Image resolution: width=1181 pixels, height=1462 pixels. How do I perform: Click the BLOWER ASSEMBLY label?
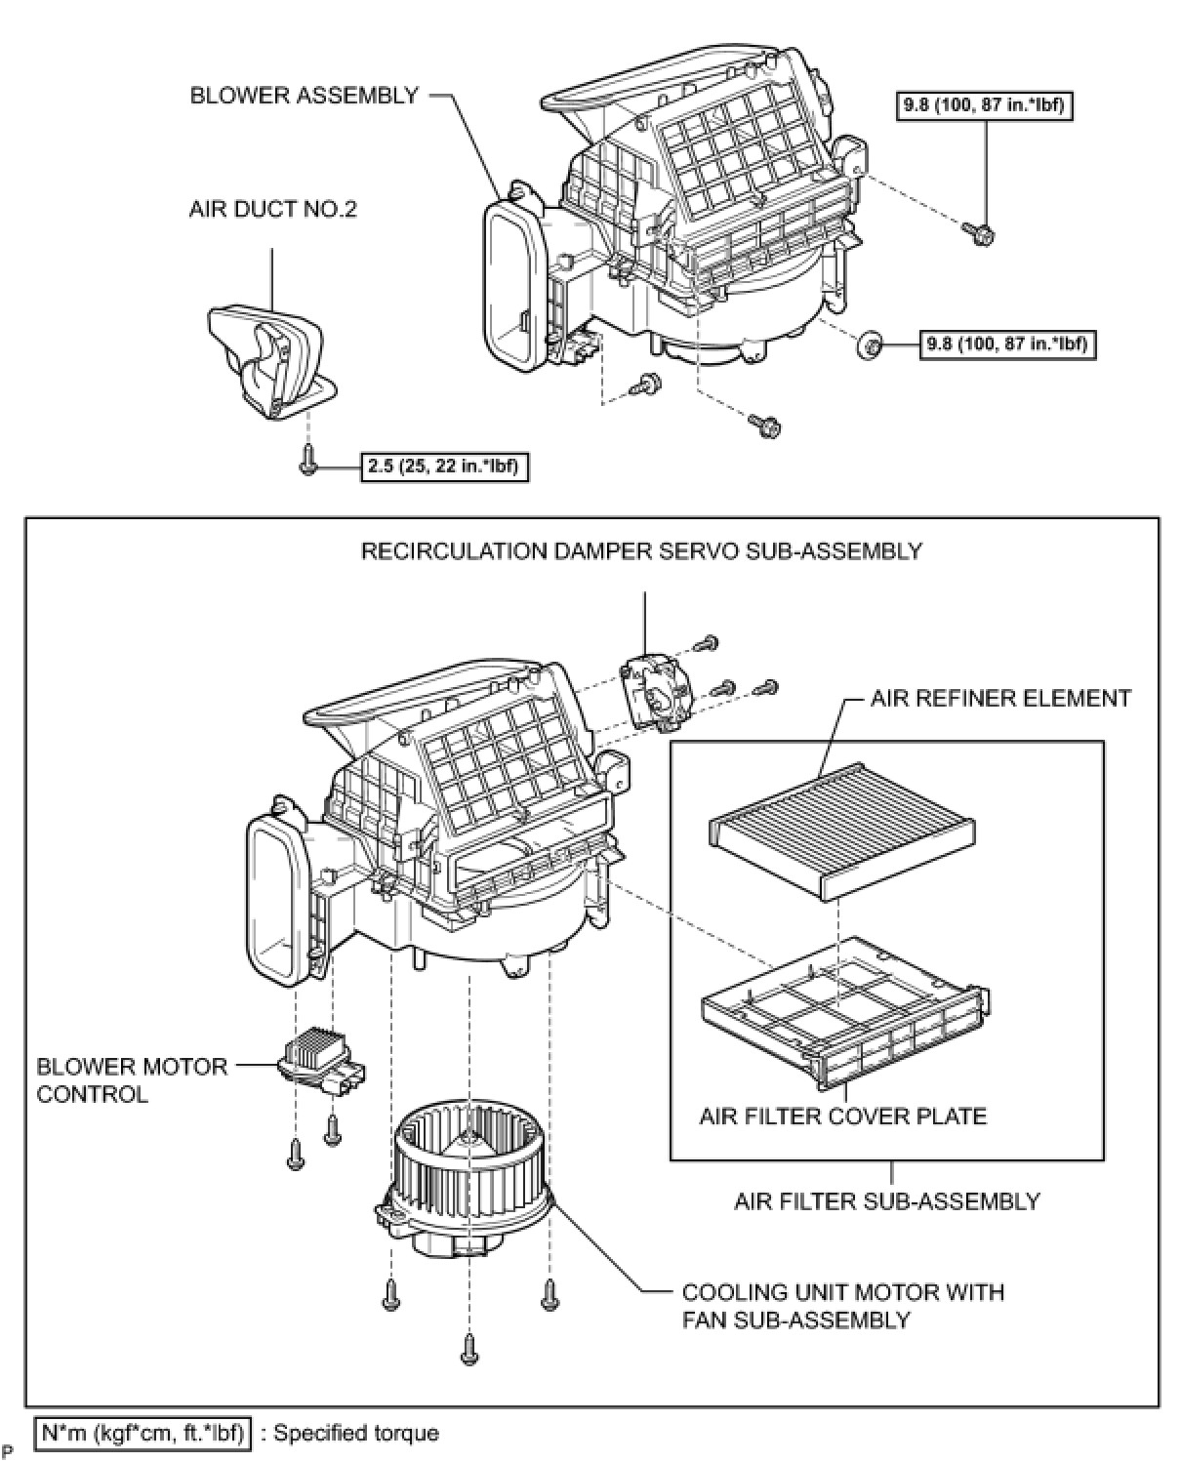click(x=304, y=96)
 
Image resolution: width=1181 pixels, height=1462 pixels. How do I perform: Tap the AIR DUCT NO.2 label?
click(x=272, y=209)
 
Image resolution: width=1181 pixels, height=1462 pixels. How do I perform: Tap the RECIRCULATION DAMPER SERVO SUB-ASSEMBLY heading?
click(x=641, y=551)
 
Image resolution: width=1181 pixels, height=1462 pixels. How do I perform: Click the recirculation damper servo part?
click(x=657, y=691)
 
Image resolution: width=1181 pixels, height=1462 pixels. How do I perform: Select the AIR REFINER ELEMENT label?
click(x=1000, y=699)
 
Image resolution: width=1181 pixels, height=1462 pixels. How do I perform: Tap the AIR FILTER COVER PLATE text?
click(x=842, y=1116)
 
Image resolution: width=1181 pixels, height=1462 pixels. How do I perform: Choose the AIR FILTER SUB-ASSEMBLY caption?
click(x=886, y=1200)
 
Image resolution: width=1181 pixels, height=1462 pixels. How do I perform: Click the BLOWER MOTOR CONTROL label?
click(x=132, y=1080)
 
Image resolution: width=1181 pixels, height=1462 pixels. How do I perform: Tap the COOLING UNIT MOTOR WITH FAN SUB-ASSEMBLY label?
click(x=842, y=1305)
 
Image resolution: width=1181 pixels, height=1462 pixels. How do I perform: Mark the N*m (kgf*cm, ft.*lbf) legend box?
click(x=143, y=1433)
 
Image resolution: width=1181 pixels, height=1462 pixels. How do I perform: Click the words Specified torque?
click(x=355, y=1433)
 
